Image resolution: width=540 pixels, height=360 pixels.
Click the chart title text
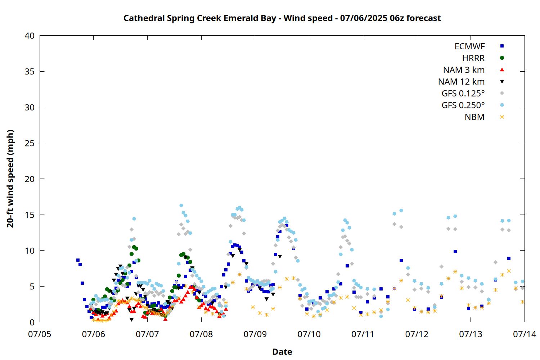click(x=282, y=18)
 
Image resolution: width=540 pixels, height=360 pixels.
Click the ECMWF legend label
click(x=469, y=46)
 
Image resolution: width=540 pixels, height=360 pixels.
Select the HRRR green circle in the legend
click(x=502, y=58)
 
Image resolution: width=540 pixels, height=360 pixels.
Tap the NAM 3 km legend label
click(x=464, y=70)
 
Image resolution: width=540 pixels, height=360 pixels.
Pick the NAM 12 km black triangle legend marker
click(x=502, y=82)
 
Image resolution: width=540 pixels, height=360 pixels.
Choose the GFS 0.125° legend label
click(x=463, y=93)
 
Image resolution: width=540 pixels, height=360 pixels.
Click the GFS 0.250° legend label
click(x=463, y=105)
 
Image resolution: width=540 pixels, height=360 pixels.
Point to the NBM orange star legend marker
click(x=502, y=117)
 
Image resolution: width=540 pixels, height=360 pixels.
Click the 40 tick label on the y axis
click(x=30, y=36)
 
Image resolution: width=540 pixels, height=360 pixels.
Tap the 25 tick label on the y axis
click(x=30, y=143)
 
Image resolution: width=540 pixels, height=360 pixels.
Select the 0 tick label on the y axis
click(x=32, y=323)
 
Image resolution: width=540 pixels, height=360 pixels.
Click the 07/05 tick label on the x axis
click(x=40, y=334)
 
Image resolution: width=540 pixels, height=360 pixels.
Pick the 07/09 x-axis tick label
click(x=255, y=334)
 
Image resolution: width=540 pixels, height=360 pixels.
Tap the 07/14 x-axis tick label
click(x=525, y=334)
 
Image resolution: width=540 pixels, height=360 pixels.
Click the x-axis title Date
click(x=282, y=352)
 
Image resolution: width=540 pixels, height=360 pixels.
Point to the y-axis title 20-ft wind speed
click(x=10, y=179)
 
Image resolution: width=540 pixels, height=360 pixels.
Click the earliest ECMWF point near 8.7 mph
click(x=78, y=260)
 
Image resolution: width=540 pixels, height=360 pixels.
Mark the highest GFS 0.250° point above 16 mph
click(x=181, y=206)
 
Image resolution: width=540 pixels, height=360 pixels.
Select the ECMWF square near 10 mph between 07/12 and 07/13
click(x=455, y=252)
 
